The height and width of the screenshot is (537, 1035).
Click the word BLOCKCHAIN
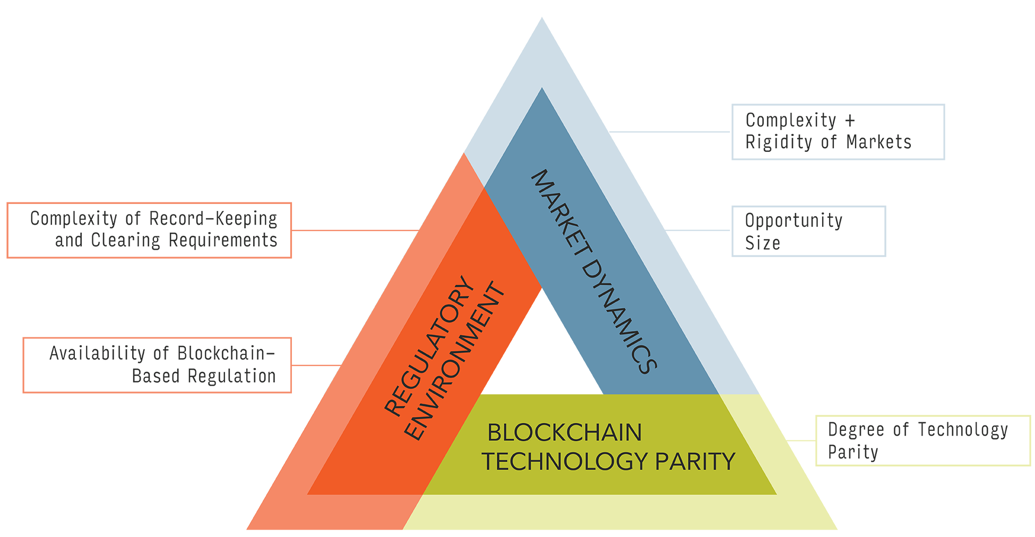tap(564, 432)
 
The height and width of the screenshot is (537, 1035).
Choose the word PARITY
tap(695, 461)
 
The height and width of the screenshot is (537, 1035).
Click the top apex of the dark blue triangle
tap(541, 89)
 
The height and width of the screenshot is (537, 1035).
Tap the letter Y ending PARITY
tap(728, 461)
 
